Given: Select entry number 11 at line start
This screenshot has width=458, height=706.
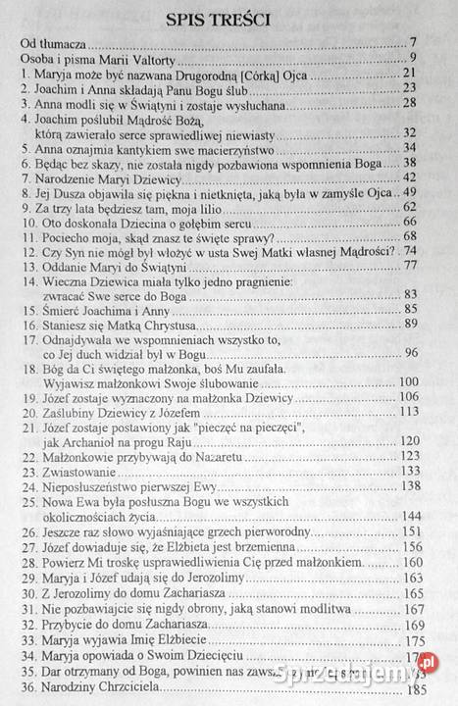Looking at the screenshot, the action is pos(25,238).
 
